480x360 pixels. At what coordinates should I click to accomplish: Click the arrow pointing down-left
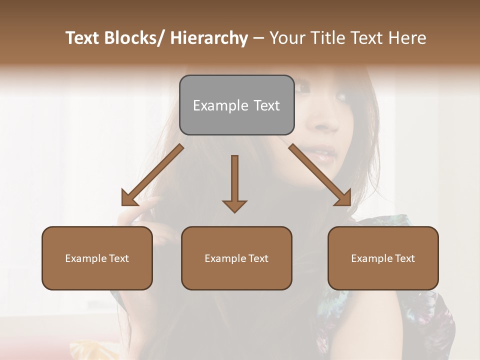(x=152, y=175)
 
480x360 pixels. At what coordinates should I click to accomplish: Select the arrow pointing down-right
(x=320, y=175)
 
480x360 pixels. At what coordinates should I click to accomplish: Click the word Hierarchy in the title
(x=209, y=38)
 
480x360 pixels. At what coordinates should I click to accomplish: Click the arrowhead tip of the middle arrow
(x=234, y=210)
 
